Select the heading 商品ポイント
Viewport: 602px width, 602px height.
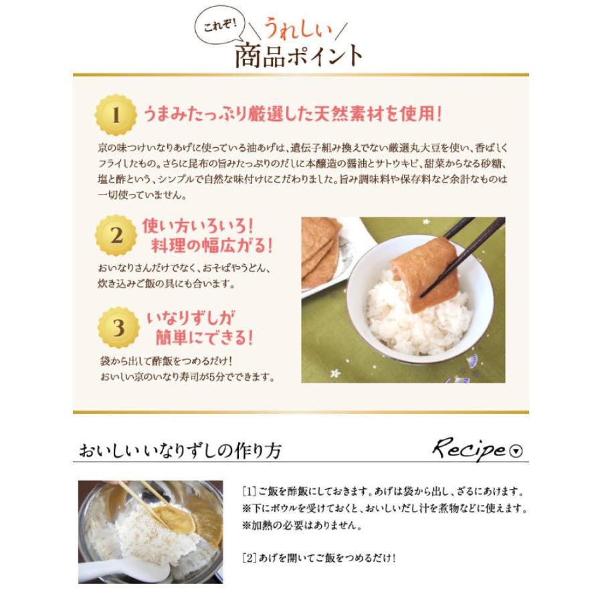(x=298, y=56)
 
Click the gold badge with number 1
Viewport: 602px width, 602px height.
(x=116, y=115)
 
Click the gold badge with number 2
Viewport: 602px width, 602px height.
(x=116, y=235)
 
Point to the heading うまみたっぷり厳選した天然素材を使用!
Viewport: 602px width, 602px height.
(x=292, y=114)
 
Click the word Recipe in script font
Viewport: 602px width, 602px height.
(x=468, y=449)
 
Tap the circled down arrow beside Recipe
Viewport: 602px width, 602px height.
(x=516, y=451)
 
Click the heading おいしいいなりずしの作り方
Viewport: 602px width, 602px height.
(x=180, y=450)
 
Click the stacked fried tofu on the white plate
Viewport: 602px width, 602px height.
(x=320, y=251)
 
